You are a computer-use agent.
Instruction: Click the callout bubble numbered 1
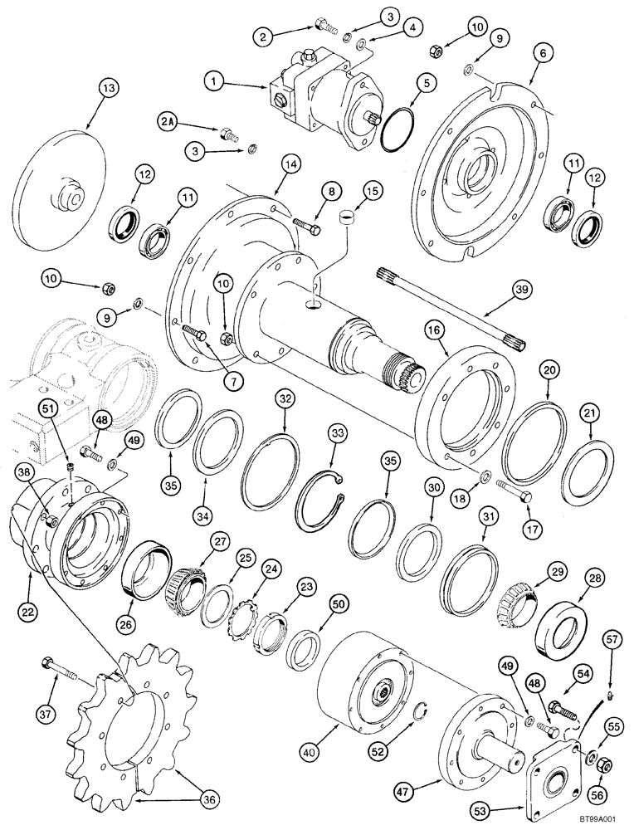click(216, 81)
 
